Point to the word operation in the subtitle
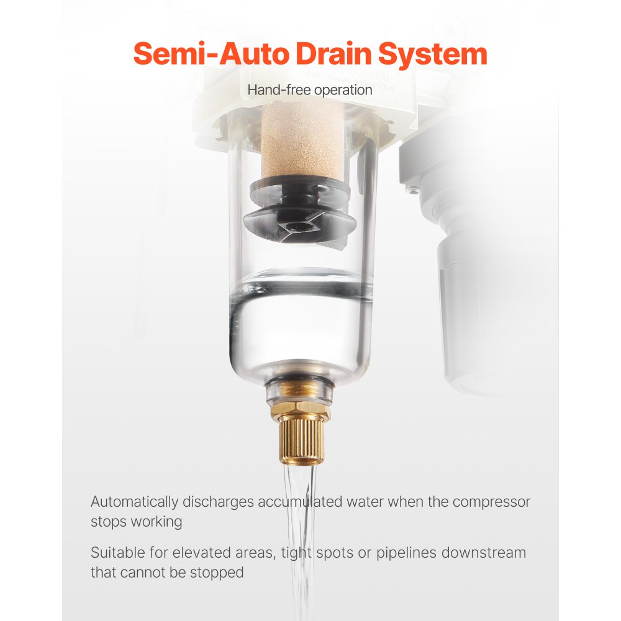(x=343, y=90)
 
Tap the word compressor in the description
(x=491, y=501)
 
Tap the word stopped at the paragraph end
(x=220, y=573)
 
